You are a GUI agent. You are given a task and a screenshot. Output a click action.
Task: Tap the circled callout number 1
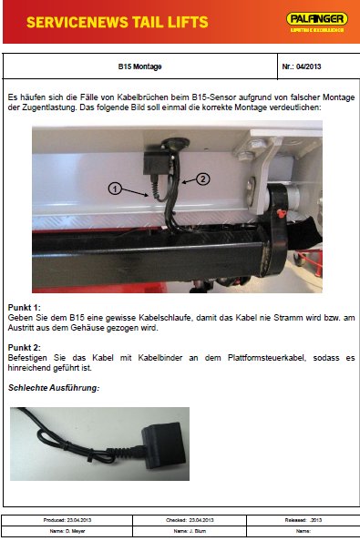115,189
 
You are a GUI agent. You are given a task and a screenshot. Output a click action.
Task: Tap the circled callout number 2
203,179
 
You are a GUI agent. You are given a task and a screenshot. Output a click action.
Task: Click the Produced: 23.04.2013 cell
67,519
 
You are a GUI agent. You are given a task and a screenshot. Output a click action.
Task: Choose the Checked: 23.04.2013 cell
190,519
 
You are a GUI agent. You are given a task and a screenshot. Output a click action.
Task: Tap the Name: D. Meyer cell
67,530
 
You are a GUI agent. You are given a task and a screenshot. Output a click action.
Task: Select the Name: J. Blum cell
190,530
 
